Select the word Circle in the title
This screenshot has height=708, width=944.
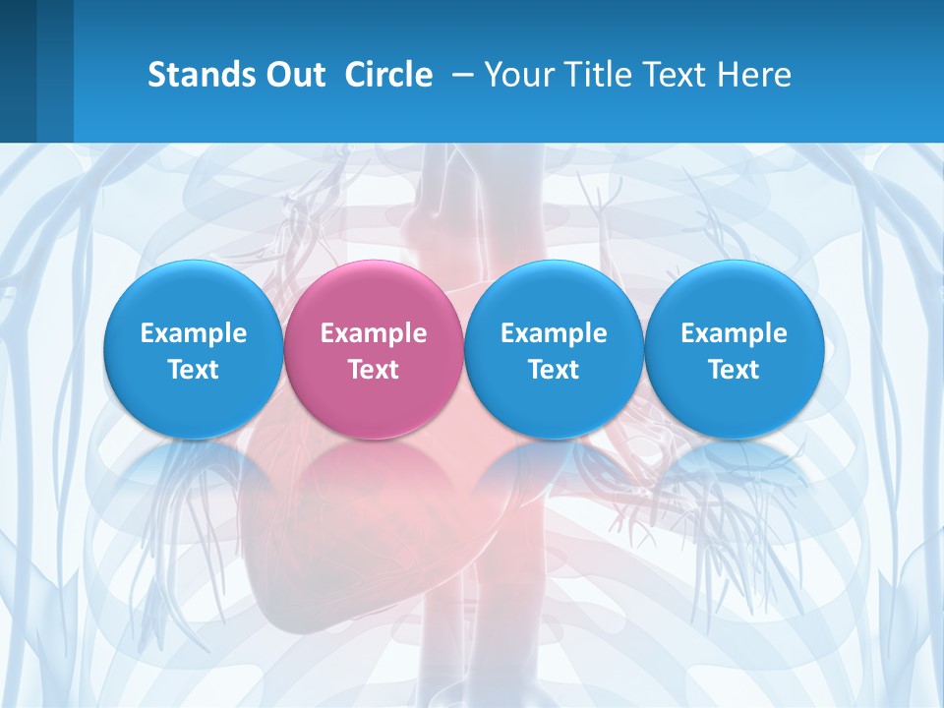coord(388,75)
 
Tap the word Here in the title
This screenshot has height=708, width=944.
coord(756,75)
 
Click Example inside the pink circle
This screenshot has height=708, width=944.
coord(374,333)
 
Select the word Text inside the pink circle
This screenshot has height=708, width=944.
coord(374,370)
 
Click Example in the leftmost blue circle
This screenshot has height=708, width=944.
coord(194,333)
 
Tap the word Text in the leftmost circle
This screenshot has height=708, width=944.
coord(194,370)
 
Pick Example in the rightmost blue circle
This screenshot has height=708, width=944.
coord(734,333)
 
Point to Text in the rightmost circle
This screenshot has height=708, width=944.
coord(734,370)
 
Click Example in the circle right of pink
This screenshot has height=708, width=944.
coord(554,333)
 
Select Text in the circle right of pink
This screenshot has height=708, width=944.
coord(554,370)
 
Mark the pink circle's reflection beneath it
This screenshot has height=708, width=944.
coord(374,472)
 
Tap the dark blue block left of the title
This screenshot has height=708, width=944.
coord(35,71)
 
